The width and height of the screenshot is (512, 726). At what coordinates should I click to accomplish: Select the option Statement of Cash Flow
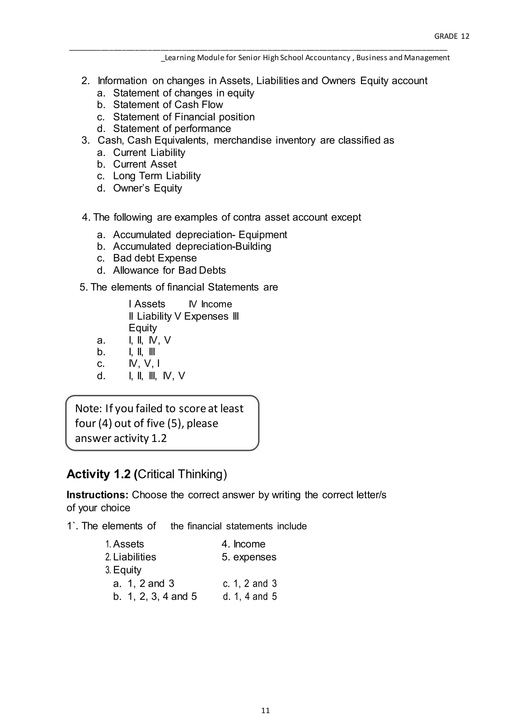pos(168,105)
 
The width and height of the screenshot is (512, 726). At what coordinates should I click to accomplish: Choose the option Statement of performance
pos(172,129)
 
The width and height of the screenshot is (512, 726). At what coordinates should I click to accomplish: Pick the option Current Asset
pos(145,164)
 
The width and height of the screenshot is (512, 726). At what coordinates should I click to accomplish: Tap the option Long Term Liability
pos(157,176)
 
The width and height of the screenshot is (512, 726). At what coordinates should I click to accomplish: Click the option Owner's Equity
pos(147,188)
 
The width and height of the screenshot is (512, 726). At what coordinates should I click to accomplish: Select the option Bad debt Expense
pos(155,258)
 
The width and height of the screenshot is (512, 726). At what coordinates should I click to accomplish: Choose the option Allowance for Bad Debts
pos(169,270)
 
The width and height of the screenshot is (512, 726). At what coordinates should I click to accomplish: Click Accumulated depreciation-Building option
pos(192,246)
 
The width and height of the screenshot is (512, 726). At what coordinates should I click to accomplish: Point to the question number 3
pos(85,140)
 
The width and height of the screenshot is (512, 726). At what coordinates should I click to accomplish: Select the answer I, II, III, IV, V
pos(157,376)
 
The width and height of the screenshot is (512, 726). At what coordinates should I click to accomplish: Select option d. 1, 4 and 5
pos(249,596)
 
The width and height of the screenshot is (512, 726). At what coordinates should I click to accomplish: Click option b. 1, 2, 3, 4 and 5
pos(155,596)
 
